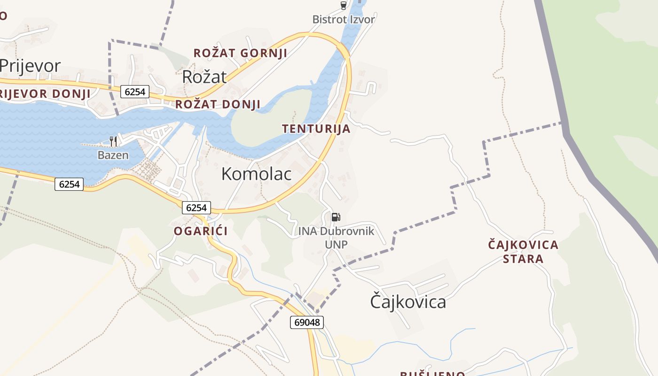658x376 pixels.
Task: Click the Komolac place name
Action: tap(256, 174)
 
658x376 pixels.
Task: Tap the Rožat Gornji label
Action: tap(240, 53)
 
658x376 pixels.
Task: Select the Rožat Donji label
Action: tap(218, 104)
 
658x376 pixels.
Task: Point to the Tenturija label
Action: tap(316, 129)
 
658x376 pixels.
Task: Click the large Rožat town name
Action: tap(204, 77)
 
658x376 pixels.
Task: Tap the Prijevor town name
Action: tap(30, 66)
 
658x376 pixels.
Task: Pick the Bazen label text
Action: tap(113, 155)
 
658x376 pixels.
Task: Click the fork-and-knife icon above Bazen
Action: tap(113, 141)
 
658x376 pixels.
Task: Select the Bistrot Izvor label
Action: tap(344, 20)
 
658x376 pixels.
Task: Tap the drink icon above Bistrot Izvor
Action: tap(344, 6)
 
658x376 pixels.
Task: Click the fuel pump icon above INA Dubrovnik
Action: tap(336, 217)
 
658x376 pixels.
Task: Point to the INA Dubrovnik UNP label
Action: tap(336, 237)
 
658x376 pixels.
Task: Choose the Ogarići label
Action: tap(201, 231)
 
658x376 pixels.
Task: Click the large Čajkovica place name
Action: tap(407, 301)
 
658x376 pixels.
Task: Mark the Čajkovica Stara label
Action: tap(523, 251)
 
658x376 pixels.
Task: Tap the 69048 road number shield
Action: tap(306, 322)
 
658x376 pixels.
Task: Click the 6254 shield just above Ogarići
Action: tap(196, 208)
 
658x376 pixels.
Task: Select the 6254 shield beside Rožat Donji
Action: tap(135, 92)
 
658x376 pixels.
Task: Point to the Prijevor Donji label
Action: tap(45, 94)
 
